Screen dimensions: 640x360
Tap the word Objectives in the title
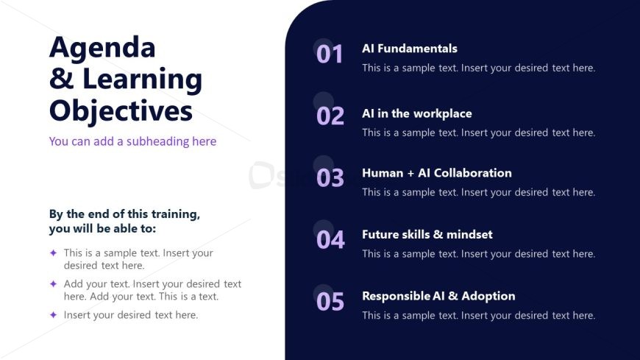coord(121,112)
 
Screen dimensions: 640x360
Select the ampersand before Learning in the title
coord(62,79)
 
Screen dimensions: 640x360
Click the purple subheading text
coord(132,141)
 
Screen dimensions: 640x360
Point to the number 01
coord(330,54)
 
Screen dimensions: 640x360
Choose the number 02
coord(330,116)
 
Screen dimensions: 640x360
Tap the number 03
coord(330,178)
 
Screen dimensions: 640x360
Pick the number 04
coord(330,240)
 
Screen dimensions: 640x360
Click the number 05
coord(330,302)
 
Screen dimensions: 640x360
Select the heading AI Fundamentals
coord(410,49)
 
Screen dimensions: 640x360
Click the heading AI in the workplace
coord(417,113)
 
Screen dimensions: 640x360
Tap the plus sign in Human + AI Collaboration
coord(410,173)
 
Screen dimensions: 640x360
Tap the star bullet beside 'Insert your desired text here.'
coord(53,314)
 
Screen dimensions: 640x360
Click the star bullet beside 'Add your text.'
coord(53,283)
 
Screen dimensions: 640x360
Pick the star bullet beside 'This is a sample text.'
coord(53,253)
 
